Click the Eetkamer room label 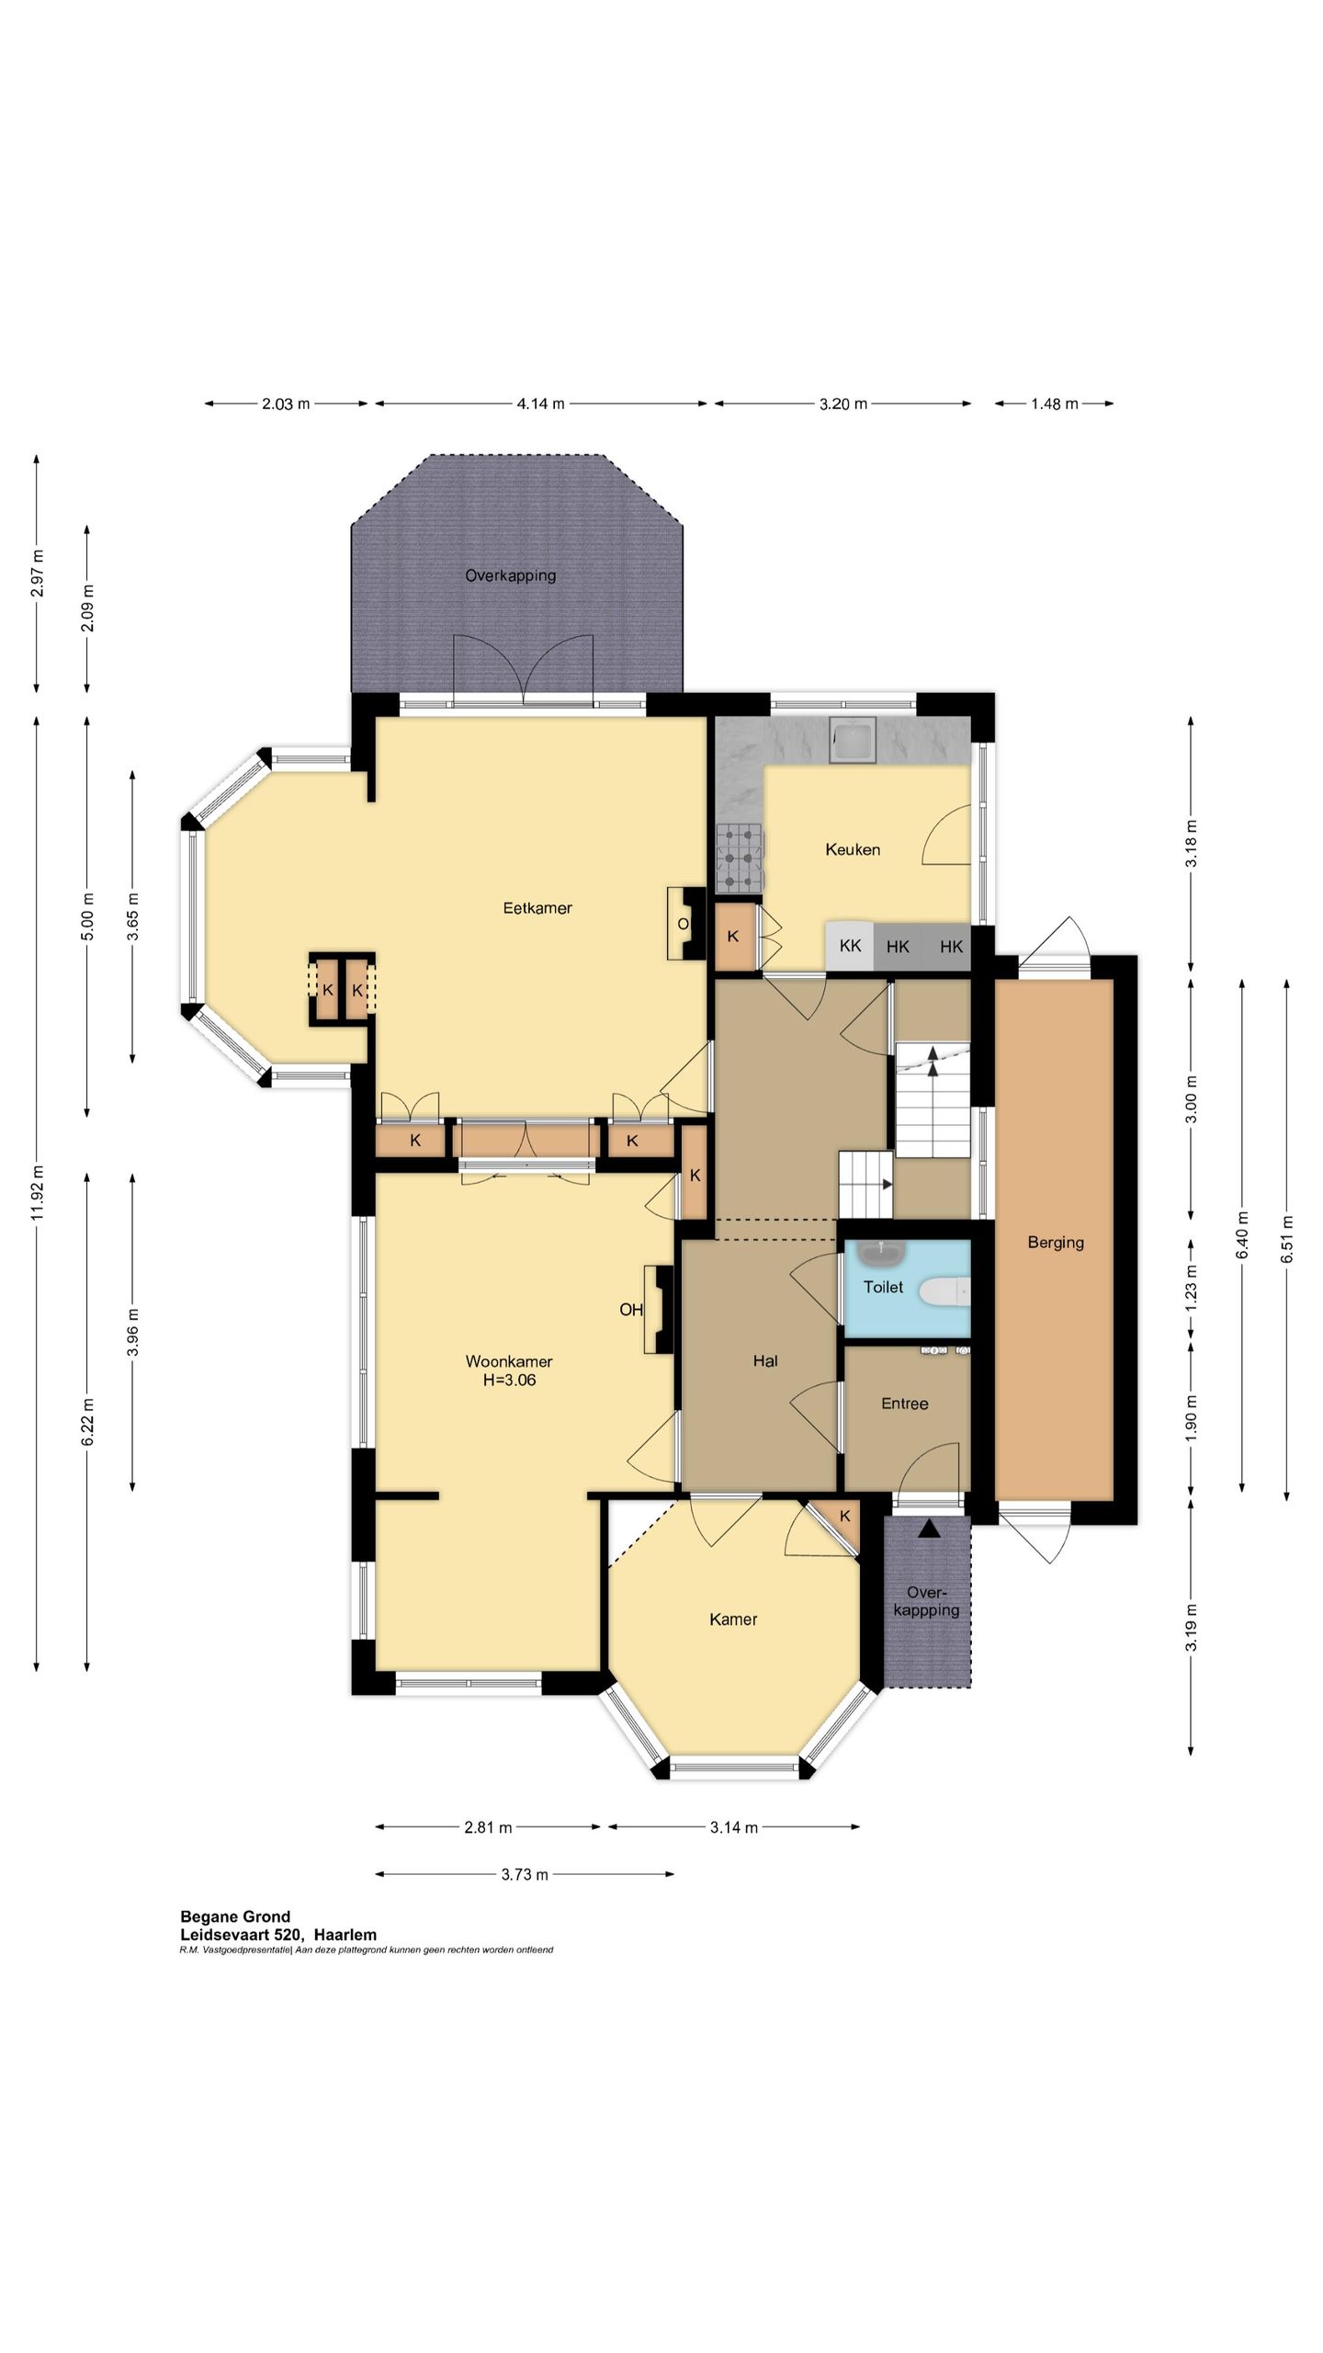[x=537, y=908]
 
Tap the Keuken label [x=853, y=849]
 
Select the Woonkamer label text [x=509, y=1361]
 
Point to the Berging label [x=1056, y=1243]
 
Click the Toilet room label [x=883, y=1287]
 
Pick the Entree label [x=904, y=1404]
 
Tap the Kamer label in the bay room [x=733, y=1620]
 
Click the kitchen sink [x=853, y=740]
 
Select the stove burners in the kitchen [x=740, y=858]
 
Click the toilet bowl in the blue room [x=944, y=1290]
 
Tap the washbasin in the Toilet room [x=883, y=1252]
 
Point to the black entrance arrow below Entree [x=930, y=1528]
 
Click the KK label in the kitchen [x=850, y=946]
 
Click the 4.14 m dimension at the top [x=540, y=404]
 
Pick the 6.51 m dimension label [x=1286, y=1239]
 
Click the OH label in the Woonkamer [x=631, y=1310]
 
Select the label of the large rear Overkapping [x=510, y=576]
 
